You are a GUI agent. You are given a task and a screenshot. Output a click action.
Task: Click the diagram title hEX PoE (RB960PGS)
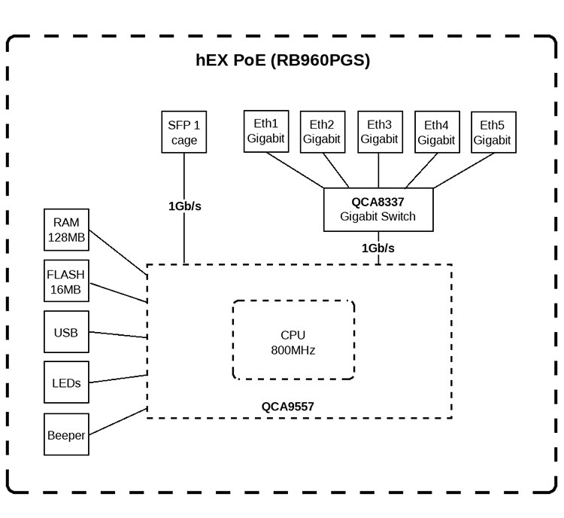[283, 61]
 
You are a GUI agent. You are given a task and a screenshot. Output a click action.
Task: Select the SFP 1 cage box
[183, 132]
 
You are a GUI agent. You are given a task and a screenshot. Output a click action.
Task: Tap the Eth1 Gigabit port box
[265, 131]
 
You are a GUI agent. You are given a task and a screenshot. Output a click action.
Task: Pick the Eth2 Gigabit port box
[322, 132]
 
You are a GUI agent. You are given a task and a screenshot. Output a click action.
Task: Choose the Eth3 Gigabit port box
[379, 131]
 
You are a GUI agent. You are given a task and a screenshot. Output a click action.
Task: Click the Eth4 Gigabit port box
[436, 132]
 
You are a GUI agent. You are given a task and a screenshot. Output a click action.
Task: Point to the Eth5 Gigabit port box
[493, 132]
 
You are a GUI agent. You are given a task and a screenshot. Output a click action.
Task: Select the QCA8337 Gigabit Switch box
[378, 209]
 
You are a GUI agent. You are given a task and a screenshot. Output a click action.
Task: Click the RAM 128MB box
[66, 230]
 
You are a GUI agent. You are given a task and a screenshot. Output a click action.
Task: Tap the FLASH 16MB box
[66, 281]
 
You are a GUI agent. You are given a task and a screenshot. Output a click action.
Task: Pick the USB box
[66, 332]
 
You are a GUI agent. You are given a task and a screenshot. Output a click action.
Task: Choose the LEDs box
[66, 383]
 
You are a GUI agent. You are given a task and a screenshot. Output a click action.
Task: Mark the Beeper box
[66, 434]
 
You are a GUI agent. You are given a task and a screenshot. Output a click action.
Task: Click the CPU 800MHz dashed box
[293, 341]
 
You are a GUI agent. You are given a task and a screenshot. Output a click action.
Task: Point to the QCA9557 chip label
[288, 407]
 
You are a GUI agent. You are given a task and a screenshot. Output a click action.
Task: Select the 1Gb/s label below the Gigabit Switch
[378, 248]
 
